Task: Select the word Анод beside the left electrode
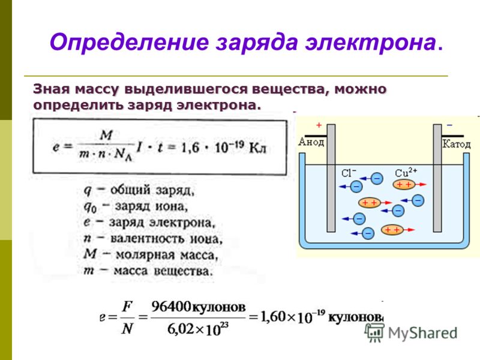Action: tap(311, 142)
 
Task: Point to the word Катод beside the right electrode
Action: tap(457, 143)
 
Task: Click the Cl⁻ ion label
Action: tap(349, 173)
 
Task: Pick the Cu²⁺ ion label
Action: tap(406, 172)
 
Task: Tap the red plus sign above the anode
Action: tap(319, 125)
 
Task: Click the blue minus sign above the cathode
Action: tap(449, 125)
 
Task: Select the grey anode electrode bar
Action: tap(331, 178)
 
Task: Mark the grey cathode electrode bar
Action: tap(437, 178)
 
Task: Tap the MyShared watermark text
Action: tap(422, 333)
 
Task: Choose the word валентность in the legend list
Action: tap(148, 239)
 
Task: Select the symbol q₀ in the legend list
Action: tap(91, 208)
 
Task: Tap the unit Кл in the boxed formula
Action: tap(258, 148)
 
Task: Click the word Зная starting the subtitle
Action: tap(52, 89)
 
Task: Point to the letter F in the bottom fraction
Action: tap(127, 307)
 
